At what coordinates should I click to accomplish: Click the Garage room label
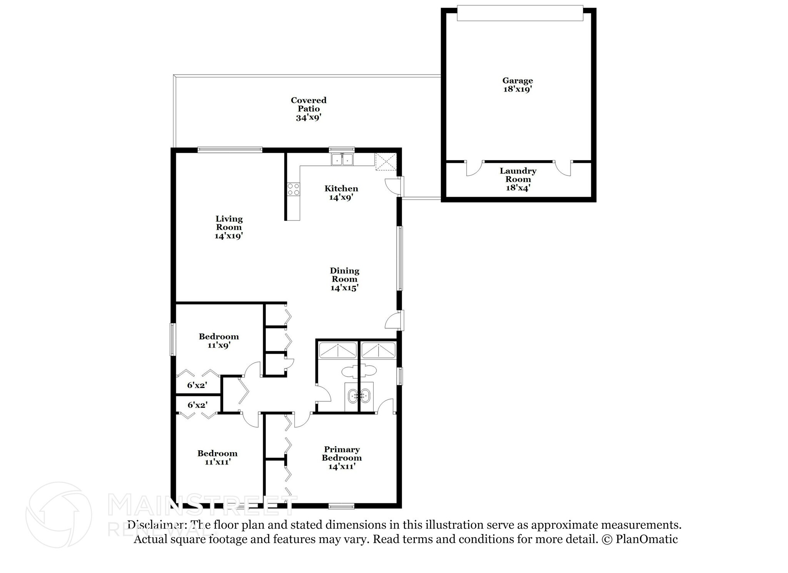(x=517, y=80)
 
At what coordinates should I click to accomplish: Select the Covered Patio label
(x=308, y=104)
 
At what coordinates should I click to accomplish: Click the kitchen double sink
(x=342, y=159)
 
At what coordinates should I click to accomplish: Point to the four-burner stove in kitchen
(x=294, y=189)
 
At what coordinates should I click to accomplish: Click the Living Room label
(x=229, y=223)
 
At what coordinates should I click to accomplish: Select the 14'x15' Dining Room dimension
(x=344, y=288)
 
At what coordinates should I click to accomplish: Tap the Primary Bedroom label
(x=342, y=454)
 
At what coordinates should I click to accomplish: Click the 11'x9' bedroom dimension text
(x=219, y=345)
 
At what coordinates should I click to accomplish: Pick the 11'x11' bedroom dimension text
(x=217, y=462)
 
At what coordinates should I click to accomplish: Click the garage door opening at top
(x=520, y=13)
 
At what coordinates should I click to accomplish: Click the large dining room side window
(x=400, y=258)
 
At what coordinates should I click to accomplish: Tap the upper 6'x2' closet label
(x=197, y=385)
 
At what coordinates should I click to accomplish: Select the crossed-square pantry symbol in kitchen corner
(x=386, y=161)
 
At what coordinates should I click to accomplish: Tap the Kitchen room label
(x=341, y=189)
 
